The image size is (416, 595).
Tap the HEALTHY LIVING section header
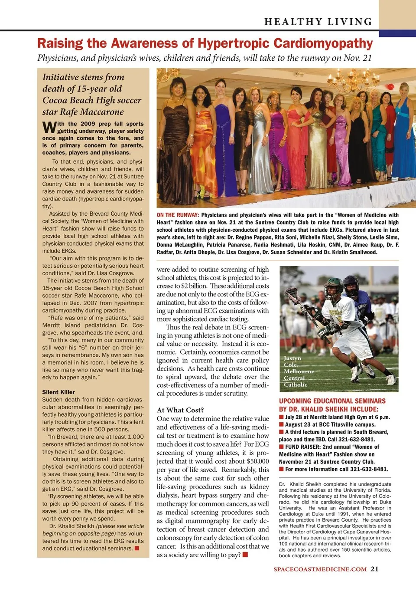point(318,22)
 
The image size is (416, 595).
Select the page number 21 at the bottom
point(375,569)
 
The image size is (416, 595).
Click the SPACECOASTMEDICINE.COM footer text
point(320,569)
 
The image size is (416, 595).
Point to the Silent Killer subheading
point(58,392)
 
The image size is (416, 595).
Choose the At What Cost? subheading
point(180,410)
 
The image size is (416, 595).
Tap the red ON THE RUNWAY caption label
point(178,215)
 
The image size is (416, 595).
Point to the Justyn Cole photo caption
point(299,371)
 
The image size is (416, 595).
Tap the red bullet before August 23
point(281,425)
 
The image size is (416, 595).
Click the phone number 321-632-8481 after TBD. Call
point(356,440)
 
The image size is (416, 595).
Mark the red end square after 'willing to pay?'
point(245,555)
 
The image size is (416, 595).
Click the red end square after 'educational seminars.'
point(137,549)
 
